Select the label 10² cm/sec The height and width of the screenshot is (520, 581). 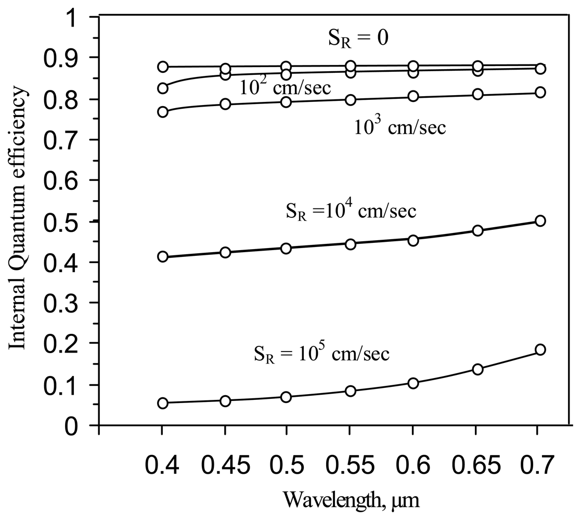[x=286, y=87]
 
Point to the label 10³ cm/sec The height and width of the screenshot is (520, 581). [x=400, y=126]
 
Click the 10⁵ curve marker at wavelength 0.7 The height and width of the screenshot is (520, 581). [x=540, y=349]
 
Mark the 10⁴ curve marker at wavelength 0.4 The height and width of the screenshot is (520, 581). [x=162, y=256]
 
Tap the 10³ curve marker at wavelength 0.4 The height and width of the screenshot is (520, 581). [x=162, y=112]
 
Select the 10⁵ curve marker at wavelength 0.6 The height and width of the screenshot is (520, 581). [x=414, y=383]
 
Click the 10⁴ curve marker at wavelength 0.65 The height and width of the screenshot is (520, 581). [x=477, y=230]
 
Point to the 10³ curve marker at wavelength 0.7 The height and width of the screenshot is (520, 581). [x=540, y=93]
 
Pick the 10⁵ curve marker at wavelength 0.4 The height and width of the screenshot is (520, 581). [x=162, y=403]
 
